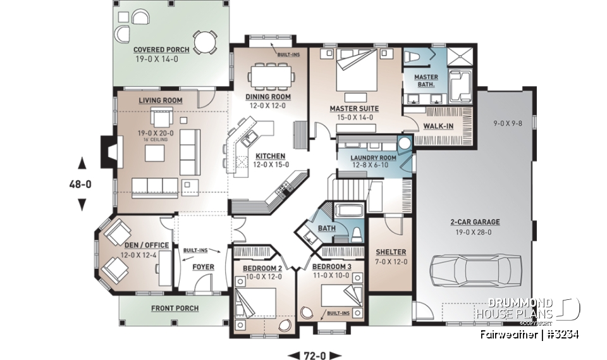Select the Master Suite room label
352,108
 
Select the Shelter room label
390,252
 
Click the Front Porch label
175,308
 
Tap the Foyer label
203,267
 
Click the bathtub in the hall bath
346,211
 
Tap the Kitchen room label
270,156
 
